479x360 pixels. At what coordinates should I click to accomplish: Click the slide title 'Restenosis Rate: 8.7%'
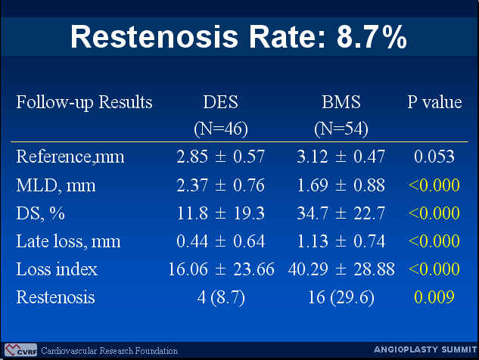(238, 37)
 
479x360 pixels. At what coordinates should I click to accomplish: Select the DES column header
(220, 102)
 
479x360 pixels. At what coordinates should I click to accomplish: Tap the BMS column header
(341, 102)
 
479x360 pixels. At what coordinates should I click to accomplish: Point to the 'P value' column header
(434, 102)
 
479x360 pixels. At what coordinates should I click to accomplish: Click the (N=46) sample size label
(220, 129)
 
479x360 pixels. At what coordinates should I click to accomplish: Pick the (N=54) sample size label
(341, 129)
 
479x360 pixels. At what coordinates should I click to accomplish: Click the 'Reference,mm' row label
(70, 157)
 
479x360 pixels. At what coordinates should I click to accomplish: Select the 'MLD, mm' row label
(56, 185)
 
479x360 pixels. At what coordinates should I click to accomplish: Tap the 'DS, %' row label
(41, 213)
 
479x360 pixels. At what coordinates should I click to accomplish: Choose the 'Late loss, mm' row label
(68, 241)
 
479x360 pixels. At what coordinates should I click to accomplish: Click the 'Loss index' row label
(57, 269)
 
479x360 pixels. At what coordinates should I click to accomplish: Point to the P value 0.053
(434, 157)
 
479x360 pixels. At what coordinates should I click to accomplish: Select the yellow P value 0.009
(434, 297)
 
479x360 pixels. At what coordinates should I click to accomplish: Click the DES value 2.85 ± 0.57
(220, 157)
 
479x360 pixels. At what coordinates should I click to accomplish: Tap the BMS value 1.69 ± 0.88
(341, 185)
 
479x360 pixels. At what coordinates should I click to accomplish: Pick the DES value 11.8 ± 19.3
(220, 213)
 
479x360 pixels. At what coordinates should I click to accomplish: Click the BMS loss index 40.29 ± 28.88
(341, 269)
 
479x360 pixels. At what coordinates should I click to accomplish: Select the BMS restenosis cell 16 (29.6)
(341, 297)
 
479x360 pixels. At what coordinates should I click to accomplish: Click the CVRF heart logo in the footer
(20, 350)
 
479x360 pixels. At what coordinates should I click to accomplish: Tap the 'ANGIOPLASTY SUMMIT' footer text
(425, 349)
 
